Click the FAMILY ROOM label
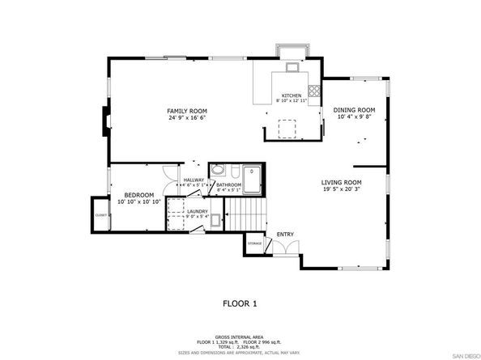click(x=187, y=111)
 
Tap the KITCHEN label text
click(x=292, y=95)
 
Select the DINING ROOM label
click(x=355, y=110)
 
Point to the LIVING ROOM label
click(x=342, y=183)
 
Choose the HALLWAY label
click(x=194, y=180)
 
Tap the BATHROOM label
click(x=229, y=185)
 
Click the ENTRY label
click(x=285, y=235)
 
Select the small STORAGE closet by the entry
click(x=254, y=243)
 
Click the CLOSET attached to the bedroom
click(x=101, y=215)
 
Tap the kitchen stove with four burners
click(x=313, y=91)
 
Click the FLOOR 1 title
click(x=240, y=303)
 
